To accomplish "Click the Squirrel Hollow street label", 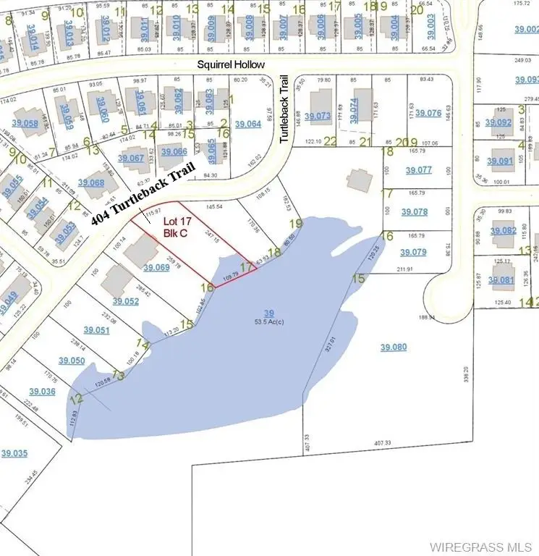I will tap(232, 64).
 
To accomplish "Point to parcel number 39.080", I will tap(394, 347).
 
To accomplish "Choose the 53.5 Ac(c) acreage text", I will tap(270, 321).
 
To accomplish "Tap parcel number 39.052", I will tap(126, 301).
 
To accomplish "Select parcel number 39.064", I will tap(247, 124).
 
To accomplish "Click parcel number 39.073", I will tap(318, 116).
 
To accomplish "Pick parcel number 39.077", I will tap(417, 170).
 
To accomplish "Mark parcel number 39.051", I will tap(96, 330).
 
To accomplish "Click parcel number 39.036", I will tap(42, 391).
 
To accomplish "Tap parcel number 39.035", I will tap(14, 453).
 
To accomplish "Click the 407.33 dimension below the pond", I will tap(382, 442).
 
